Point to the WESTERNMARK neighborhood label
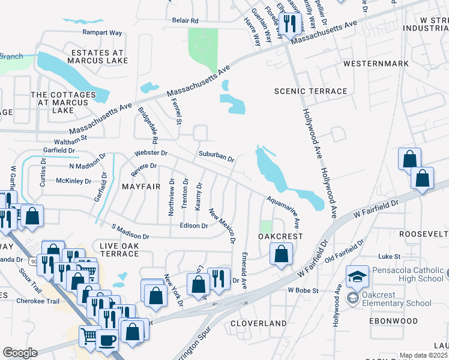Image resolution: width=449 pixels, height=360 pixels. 375,64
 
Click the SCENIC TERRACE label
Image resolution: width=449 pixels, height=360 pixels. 310,91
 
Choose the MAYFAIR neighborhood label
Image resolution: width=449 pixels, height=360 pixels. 141,187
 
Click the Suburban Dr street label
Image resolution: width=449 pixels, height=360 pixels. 216,157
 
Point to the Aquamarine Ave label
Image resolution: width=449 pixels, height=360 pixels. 283,205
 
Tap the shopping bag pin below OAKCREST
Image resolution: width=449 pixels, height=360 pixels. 281,254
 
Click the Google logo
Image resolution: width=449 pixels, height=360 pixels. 20,353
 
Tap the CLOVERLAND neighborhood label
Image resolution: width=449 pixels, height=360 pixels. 259,323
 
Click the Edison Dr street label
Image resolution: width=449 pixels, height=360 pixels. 193,226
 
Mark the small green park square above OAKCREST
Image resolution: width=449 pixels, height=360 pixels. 265,226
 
